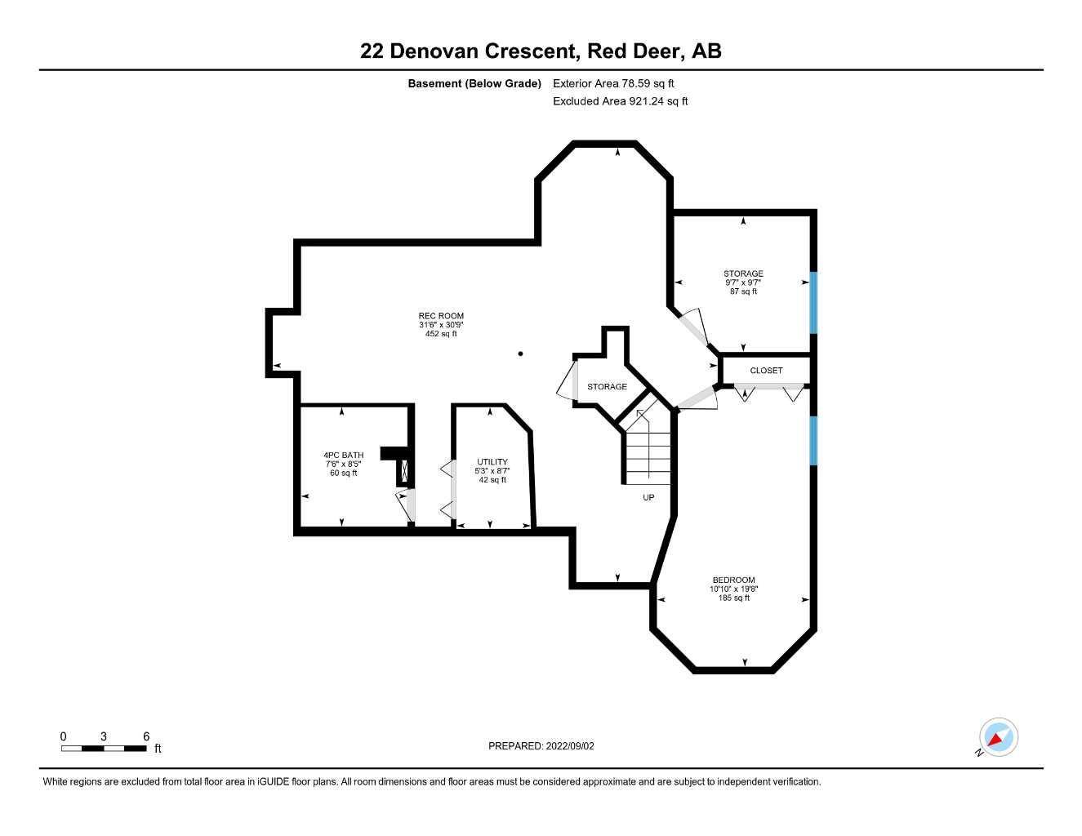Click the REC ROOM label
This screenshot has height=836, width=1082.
click(441, 316)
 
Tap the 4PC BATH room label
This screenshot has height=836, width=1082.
click(343, 456)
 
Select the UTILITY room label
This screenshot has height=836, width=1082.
click(492, 462)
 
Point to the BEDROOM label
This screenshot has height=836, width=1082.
click(732, 580)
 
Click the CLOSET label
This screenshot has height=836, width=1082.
click(766, 371)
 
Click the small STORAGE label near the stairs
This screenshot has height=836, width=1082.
click(607, 387)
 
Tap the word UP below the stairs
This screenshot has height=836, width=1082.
click(648, 497)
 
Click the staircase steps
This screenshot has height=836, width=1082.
click(648, 457)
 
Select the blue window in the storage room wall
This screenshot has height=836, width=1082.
click(813, 302)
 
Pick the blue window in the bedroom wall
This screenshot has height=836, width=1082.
click(813, 441)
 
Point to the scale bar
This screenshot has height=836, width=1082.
click(104, 748)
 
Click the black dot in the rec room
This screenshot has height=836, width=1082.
click(521, 354)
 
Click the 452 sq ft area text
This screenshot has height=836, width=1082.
click(441, 334)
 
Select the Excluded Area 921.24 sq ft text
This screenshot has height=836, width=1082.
click(620, 102)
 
